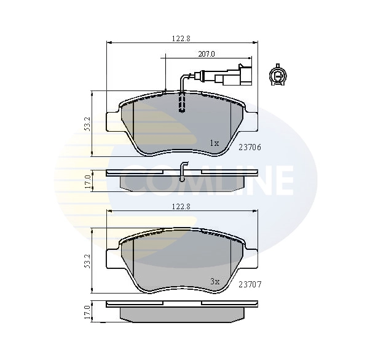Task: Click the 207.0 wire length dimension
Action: click(x=206, y=54)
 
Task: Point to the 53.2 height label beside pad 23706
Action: click(x=88, y=124)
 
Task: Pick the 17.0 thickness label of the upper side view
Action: click(x=88, y=181)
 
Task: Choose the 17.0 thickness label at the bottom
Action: click(x=88, y=312)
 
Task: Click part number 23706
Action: click(x=250, y=147)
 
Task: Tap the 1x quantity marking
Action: click(x=214, y=143)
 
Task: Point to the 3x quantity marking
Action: click(x=214, y=281)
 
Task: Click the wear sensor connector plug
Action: click(x=237, y=76)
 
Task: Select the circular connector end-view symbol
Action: click(x=278, y=76)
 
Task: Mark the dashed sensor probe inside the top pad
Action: click(x=181, y=103)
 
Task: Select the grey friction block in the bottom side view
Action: click(x=181, y=314)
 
